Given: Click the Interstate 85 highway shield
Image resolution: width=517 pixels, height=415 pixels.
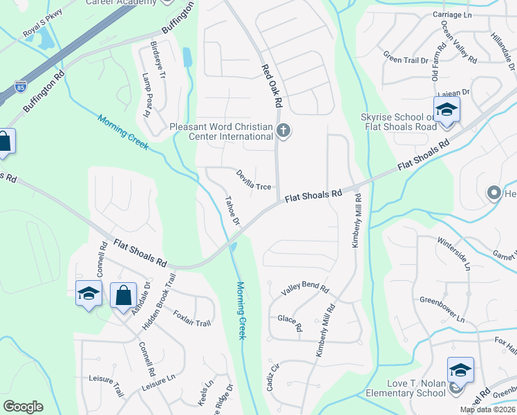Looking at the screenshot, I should click(21, 88).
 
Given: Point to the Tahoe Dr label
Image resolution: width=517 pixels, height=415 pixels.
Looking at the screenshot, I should click(232, 212).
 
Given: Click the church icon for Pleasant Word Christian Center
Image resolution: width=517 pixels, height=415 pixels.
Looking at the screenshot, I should click(283, 130).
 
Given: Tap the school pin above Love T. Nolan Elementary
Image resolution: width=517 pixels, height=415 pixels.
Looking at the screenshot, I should click(460, 370).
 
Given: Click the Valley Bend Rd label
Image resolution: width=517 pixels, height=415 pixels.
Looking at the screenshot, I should click(305, 288).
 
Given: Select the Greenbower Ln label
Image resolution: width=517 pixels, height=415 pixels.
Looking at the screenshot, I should click(442, 309).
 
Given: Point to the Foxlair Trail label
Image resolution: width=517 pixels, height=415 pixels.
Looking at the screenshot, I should click(191, 318).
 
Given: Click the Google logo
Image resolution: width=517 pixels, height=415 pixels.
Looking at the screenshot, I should click(23, 407).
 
